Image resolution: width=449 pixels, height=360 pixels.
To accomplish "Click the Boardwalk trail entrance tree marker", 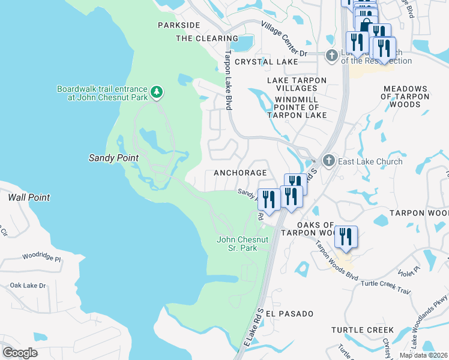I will pos(157,92).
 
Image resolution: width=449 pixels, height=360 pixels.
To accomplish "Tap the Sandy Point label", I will pos(113,158).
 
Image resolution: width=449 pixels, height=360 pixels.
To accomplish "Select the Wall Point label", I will pos(28,197).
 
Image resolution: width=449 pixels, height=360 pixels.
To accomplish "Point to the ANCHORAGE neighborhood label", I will pos(240,172).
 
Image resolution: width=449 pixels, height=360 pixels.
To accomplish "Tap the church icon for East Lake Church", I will pos(328,161).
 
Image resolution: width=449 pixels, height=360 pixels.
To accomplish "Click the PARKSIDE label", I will pos(178,25).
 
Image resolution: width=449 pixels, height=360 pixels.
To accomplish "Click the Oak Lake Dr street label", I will pos(28,285).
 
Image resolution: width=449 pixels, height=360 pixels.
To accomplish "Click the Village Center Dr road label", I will pos(285,39).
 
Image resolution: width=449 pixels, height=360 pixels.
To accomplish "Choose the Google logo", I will pos(20,352).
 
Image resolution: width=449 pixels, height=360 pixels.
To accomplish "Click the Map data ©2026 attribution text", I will pos(423,355).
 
